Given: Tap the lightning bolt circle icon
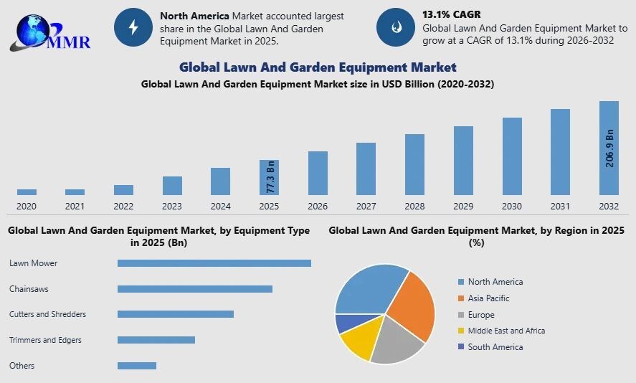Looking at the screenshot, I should pos(133,28).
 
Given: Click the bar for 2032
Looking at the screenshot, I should pos(609,148).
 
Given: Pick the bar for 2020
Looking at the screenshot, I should pos(27,192).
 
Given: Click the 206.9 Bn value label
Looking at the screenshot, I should pos(609,148).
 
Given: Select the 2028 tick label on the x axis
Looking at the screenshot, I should pos(414,207).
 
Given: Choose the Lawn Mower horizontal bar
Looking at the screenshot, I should pos(214,263).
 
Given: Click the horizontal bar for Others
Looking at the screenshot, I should pos(136,366).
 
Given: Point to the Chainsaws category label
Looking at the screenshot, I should pos(29,289).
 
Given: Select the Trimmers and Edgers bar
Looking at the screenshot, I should pos(156,340).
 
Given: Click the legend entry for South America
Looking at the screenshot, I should pos(495,347).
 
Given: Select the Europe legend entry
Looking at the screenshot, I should pos(480,315).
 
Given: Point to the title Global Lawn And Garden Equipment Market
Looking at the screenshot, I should pos(318,67).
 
